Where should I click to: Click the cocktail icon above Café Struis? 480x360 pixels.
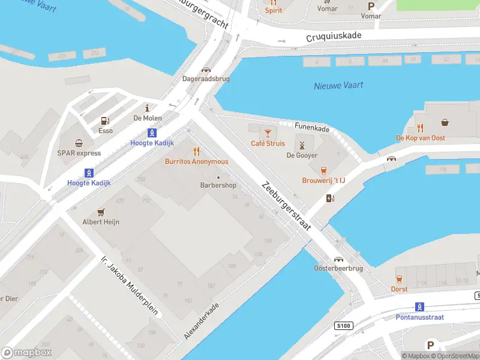(268, 132)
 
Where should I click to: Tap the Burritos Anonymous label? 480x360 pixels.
(196, 161)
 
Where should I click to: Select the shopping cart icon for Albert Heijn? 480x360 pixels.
(101, 212)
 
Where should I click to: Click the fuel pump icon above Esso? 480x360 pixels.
(106, 121)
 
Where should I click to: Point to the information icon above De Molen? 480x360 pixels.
(147, 107)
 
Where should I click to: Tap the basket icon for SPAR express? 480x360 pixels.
(79, 143)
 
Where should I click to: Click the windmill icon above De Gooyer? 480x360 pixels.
(302, 145)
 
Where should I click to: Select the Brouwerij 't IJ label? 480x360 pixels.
(323, 181)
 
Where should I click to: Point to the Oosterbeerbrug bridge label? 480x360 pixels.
(338, 268)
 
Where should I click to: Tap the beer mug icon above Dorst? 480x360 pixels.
(399, 278)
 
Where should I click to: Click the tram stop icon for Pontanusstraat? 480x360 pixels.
(420, 306)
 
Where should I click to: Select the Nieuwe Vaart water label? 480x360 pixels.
(338, 86)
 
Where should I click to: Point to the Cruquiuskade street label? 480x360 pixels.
(334, 36)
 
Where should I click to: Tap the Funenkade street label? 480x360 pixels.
(312, 126)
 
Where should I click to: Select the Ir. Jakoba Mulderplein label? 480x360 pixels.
(130, 286)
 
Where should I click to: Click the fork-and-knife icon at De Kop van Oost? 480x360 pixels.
(420, 128)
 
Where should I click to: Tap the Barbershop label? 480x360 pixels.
(218, 185)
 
